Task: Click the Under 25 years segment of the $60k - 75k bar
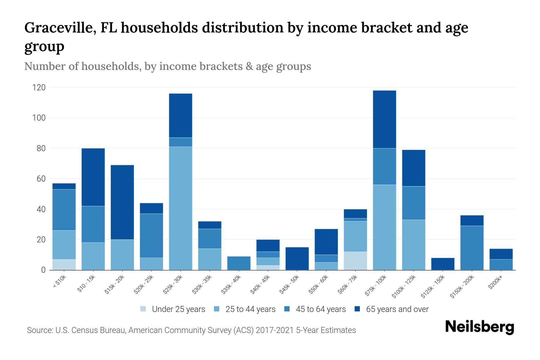pyautogui.click(x=355, y=261)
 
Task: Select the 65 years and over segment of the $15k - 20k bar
pyautogui.click(x=122, y=202)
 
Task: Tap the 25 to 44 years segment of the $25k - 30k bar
pyautogui.click(x=181, y=208)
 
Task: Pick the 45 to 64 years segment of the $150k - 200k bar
pyautogui.click(x=472, y=248)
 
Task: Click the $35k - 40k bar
pyautogui.click(x=239, y=263)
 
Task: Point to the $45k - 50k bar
pyautogui.click(x=297, y=259)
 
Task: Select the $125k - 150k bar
pyautogui.click(x=443, y=264)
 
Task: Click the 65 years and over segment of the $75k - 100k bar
pyautogui.click(x=385, y=119)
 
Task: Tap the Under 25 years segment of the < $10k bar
pyautogui.click(x=64, y=265)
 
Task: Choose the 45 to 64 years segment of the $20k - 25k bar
pyautogui.click(x=151, y=235)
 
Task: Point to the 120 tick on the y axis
pyautogui.click(x=39, y=88)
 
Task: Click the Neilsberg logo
pyautogui.click(x=480, y=327)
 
